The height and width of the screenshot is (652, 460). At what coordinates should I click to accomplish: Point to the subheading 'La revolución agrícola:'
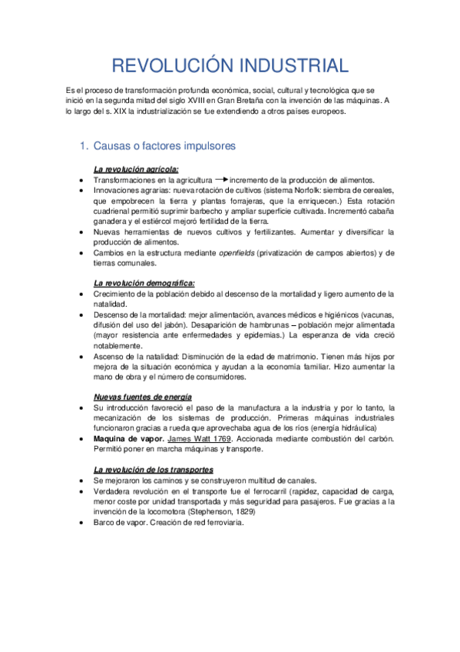[136, 169]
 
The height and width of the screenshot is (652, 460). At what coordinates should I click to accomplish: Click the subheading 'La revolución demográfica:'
[144, 283]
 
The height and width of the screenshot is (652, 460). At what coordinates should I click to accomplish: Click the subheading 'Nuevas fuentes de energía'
[141, 397]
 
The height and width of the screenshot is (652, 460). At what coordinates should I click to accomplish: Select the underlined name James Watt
[192, 439]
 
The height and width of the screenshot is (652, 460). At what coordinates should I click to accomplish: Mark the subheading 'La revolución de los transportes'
[153, 469]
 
